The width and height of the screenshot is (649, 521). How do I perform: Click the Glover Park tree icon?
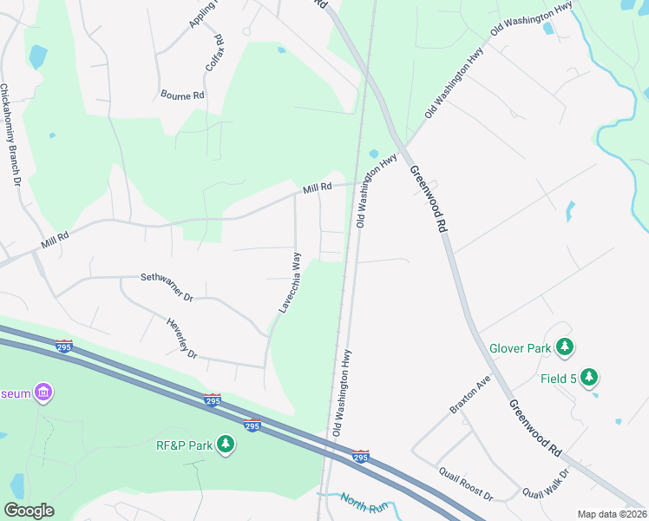coord(565,347)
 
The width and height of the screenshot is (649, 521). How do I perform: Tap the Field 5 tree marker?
coord(590,377)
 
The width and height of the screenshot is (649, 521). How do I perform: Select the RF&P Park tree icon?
coord(226,445)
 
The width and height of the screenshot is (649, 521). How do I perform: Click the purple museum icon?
coord(43,393)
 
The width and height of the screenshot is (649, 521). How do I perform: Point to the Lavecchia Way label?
coord(290,282)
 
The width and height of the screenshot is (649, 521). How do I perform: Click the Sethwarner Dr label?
coord(167,287)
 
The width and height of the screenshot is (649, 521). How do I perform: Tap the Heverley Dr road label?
coord(181,338)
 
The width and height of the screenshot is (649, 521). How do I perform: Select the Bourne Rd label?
coord(182,95)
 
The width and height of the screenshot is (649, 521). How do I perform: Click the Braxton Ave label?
coord(470,394)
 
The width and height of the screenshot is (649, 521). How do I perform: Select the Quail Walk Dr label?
coord(546,484)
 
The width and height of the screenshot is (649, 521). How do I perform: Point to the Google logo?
coord(29,511)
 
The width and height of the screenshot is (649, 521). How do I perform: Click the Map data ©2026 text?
coord(612,514)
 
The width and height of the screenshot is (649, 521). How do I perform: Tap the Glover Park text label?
coord(520,348)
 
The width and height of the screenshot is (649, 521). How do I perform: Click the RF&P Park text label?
coord(184,445)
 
